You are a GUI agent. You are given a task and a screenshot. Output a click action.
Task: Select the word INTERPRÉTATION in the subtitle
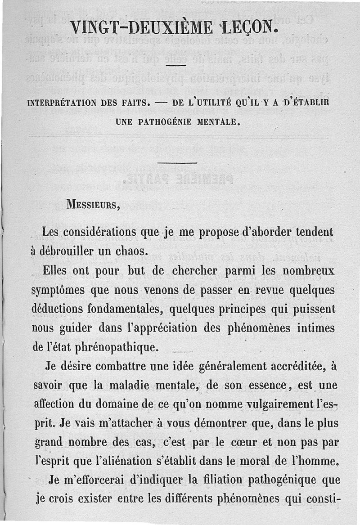62,102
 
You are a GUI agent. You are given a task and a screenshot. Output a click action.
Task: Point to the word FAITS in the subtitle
134,102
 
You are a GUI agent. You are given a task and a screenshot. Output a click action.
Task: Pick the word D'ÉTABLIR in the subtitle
306,102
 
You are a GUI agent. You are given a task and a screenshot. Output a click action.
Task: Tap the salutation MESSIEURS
93,206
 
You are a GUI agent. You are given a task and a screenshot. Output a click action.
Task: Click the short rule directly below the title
176,66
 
